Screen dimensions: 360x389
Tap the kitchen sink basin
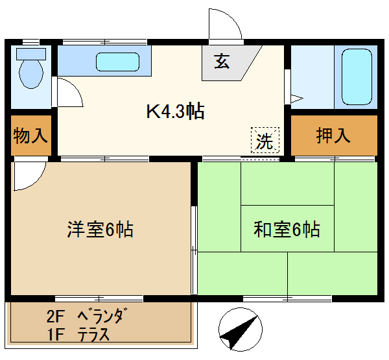click(117, 62)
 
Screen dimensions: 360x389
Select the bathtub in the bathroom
click(357, 77)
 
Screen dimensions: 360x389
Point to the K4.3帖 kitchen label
click(174, 112)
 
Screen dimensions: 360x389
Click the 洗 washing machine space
click(265, 141)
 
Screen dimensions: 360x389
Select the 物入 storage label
click(30, 136)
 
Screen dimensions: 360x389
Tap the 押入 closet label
click(333, 136)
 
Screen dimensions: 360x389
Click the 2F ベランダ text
click(84, 317)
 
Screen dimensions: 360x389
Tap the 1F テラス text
click(77, 335)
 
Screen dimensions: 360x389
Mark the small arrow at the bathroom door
click(296, 99)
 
